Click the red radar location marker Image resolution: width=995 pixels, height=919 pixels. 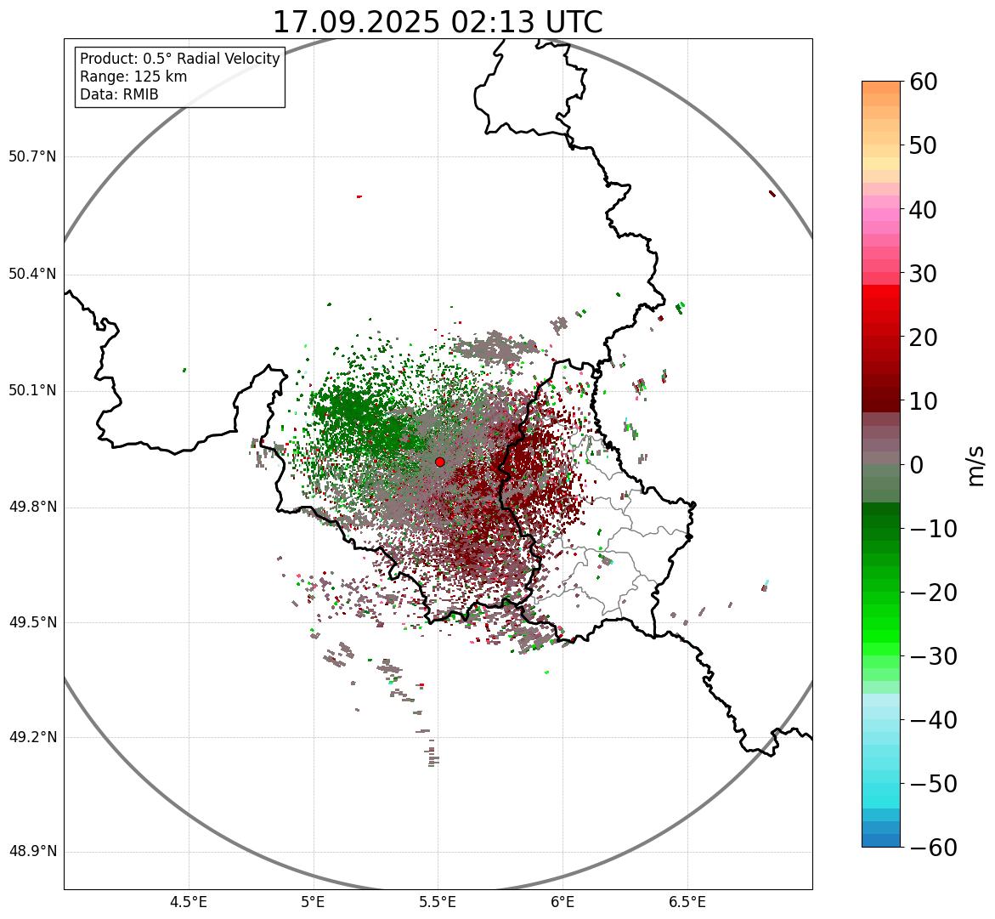[x=439, y=462]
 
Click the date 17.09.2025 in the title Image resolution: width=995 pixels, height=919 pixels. [x=356, y=22]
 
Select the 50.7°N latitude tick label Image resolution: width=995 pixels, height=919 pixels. [x=32, y=156]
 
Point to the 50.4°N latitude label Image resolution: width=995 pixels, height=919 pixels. [x=32, y=274]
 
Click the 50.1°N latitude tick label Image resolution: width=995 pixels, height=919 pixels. [x=32, y=391]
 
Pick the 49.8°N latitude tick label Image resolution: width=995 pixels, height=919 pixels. [x=32, y=508]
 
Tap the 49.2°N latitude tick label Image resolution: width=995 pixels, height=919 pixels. [x=32, y=737]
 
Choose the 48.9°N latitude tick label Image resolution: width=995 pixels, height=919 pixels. [x=32, y=852]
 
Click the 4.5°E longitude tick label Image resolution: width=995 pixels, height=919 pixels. [x=189, y=902]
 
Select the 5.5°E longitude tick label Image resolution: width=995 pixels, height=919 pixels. [x=438, y=902]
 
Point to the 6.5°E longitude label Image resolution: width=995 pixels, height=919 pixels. [x=687, y=902]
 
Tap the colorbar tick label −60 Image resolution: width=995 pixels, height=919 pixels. [x=933, y=848]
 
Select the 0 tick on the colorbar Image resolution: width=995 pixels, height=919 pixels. [x=917, y=465]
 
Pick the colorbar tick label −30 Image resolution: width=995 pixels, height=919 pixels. [x=933, y=656]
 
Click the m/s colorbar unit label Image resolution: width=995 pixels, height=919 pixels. [x=976, y=464]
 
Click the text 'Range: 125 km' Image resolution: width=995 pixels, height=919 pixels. [x=133, y=77]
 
